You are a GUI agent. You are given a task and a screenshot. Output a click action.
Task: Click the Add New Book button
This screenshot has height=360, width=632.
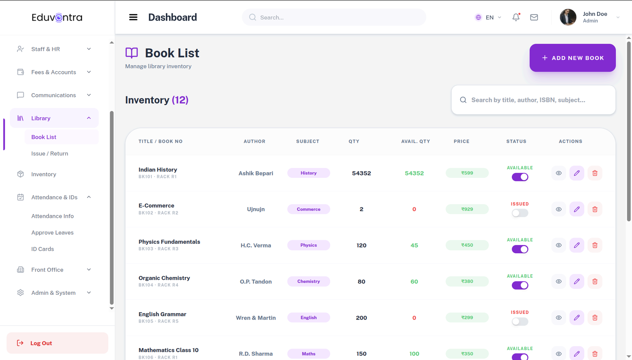point(572,58)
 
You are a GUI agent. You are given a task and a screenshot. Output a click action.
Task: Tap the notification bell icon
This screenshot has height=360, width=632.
point(516,17)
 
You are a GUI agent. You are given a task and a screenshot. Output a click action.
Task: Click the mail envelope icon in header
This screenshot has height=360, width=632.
point(534,17)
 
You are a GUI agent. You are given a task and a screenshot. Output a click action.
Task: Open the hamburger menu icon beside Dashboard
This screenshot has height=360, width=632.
point(133,17)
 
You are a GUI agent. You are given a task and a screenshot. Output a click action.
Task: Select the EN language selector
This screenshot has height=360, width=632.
point(488,17)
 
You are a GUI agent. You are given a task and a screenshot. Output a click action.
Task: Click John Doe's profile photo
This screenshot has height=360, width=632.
point(568,17)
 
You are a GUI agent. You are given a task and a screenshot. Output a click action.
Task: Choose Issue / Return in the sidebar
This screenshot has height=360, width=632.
point(50,154)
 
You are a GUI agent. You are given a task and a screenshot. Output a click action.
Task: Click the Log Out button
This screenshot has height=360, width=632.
point(57,343)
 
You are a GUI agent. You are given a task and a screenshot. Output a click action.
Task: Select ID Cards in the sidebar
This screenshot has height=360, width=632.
point(43,249)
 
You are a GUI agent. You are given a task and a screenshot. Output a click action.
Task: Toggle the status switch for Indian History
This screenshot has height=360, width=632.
point(520,177)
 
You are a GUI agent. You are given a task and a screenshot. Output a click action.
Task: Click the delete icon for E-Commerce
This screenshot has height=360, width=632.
point(594,209)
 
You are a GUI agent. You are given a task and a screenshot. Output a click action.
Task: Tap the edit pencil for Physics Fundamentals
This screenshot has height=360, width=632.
point(577,245)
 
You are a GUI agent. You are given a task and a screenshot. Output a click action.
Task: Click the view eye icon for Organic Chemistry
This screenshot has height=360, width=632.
point(559,281)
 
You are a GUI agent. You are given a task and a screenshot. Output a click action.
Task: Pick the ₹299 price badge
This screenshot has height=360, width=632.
point(467,317)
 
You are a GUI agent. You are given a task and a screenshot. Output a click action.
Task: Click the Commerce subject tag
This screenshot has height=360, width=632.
point(308,209)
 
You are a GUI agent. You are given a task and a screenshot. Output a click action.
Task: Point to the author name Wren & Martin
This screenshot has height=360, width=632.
point(256,318)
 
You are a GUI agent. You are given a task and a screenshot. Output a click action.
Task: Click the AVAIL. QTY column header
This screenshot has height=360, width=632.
point(416,141)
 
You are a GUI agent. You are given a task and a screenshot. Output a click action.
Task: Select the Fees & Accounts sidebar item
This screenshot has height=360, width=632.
point(54,72)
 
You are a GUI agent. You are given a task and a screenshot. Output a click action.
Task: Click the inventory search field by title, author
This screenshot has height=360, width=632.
point(533,100)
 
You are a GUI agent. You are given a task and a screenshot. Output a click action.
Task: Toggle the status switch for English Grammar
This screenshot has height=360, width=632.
point(520,322)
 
